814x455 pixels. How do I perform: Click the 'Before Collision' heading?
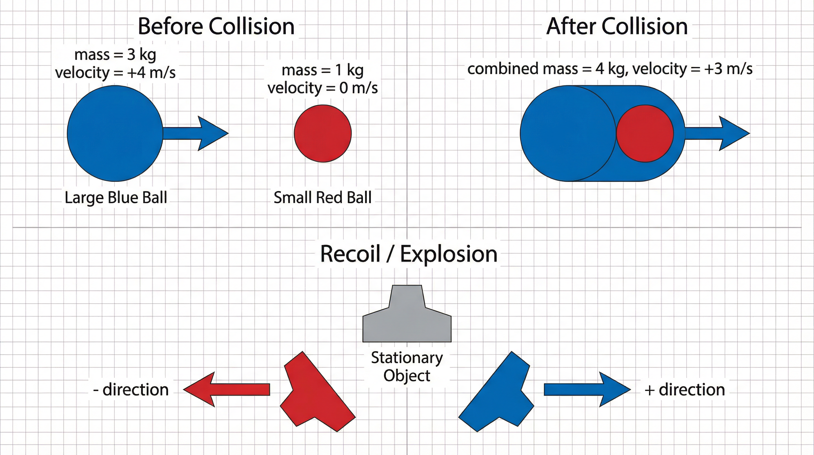coord(216,26)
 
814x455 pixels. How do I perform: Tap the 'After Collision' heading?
coord(617,26)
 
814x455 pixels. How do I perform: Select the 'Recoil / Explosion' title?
coord(408,254)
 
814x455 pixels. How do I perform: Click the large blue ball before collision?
coord(115,134)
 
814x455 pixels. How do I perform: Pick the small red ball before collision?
coord(323,134)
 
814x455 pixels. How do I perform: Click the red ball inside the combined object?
coord(645,134)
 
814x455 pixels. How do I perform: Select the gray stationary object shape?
coord(407,320)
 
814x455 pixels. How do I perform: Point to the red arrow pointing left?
coord(226,390)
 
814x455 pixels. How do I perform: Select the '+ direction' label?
coord(685,390)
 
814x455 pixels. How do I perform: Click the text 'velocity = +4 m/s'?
coord(115,73)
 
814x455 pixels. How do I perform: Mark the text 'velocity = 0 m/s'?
coord(323,88)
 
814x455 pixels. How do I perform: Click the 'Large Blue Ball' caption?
coord(116,198)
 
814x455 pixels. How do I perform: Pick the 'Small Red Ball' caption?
coord(323,198)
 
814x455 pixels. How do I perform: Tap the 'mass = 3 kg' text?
coord(115,55)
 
